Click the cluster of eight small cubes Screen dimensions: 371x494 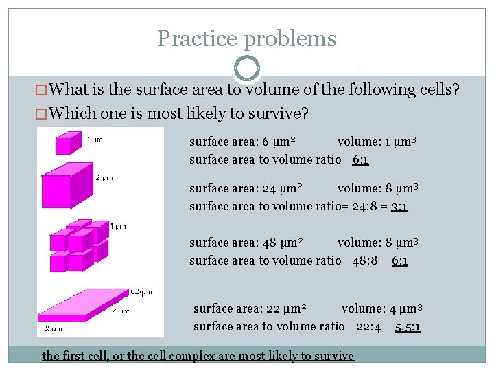point(78,245)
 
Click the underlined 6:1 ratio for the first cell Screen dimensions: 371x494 point(360,159)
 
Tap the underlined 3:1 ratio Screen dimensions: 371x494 point(399,206)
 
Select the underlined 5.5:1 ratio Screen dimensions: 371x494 point(408,326)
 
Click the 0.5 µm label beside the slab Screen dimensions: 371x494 point(141,292)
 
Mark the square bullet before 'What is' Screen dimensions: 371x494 point(43,90)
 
